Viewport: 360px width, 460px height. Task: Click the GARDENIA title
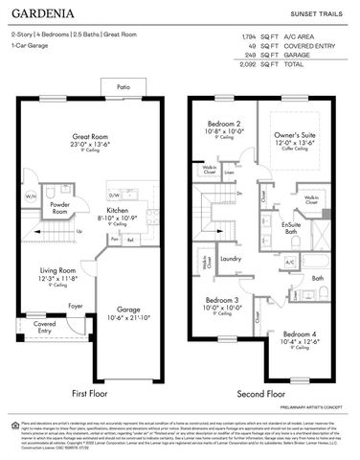[x=46, y=14]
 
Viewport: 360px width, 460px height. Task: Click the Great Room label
[x=91, y=137]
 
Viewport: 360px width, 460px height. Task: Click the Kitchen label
[x=119, y=209]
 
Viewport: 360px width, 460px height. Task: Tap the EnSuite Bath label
[x=291, y=227]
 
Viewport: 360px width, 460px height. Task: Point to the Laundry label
[x=230, y=258]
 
